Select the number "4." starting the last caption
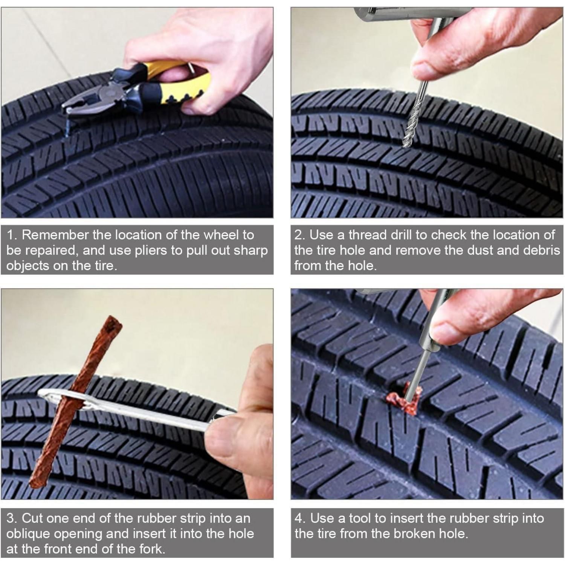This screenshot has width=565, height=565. coord(300,519)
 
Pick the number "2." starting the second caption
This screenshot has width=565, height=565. coord(300,235)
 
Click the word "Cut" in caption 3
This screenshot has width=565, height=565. coord(32,519)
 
